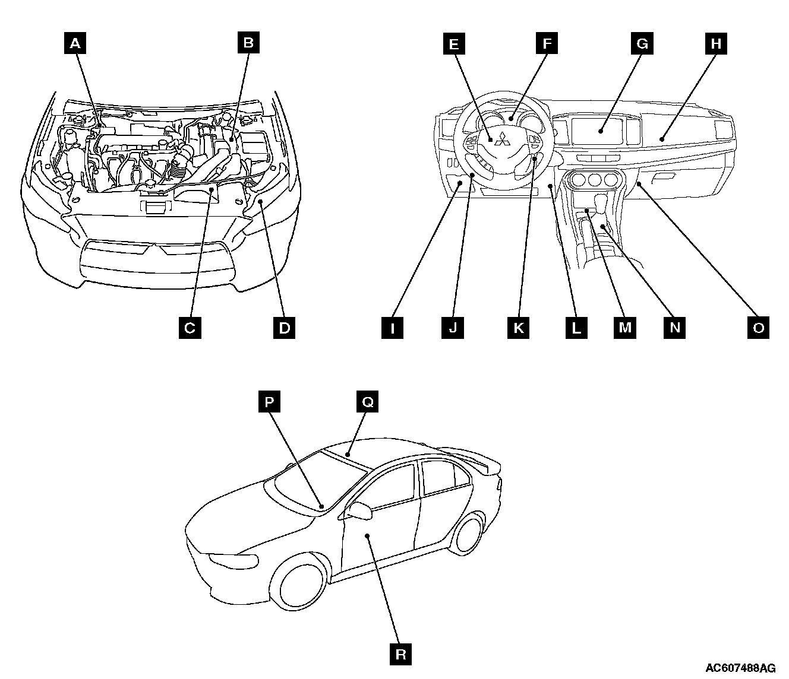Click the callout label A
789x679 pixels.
point(75,43)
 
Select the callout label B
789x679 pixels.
point(248,43)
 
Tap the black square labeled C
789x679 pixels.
point(190,327)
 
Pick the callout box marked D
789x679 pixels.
point(284,327)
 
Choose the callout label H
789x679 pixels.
point(715,43)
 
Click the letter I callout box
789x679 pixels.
point(392,327)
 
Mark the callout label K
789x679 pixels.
point(518,327)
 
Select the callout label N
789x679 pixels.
point(674,327)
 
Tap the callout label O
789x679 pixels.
point(758,327)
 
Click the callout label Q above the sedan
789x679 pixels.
point(367,402)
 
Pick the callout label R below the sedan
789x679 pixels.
point(401,655)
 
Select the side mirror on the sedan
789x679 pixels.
point(360,510)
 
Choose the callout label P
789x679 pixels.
point(269,402)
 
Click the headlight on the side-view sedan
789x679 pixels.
point(232,559)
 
